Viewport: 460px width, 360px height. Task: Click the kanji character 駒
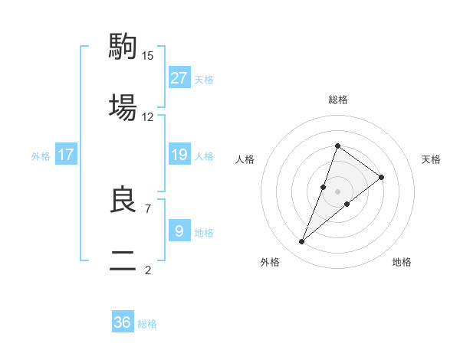123,46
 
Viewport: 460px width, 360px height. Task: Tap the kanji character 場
123,106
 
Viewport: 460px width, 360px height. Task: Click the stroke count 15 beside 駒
148,55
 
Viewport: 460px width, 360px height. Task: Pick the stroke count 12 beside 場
148,116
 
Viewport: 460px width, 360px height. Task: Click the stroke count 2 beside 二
148,270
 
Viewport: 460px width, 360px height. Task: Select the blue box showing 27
179,78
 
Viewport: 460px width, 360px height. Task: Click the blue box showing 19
179,155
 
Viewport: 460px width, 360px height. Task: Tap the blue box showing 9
179,231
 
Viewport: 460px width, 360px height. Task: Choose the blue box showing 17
66,155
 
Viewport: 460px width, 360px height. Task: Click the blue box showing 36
123,322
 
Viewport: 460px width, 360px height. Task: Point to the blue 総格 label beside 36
147,324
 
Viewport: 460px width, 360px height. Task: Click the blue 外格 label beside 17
41,156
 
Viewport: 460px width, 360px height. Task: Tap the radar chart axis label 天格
432,159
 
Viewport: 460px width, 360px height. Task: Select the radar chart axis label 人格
245,159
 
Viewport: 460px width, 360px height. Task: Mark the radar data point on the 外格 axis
302,242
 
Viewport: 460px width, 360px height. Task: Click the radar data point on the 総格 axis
337,146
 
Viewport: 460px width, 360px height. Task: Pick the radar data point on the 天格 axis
382,177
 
